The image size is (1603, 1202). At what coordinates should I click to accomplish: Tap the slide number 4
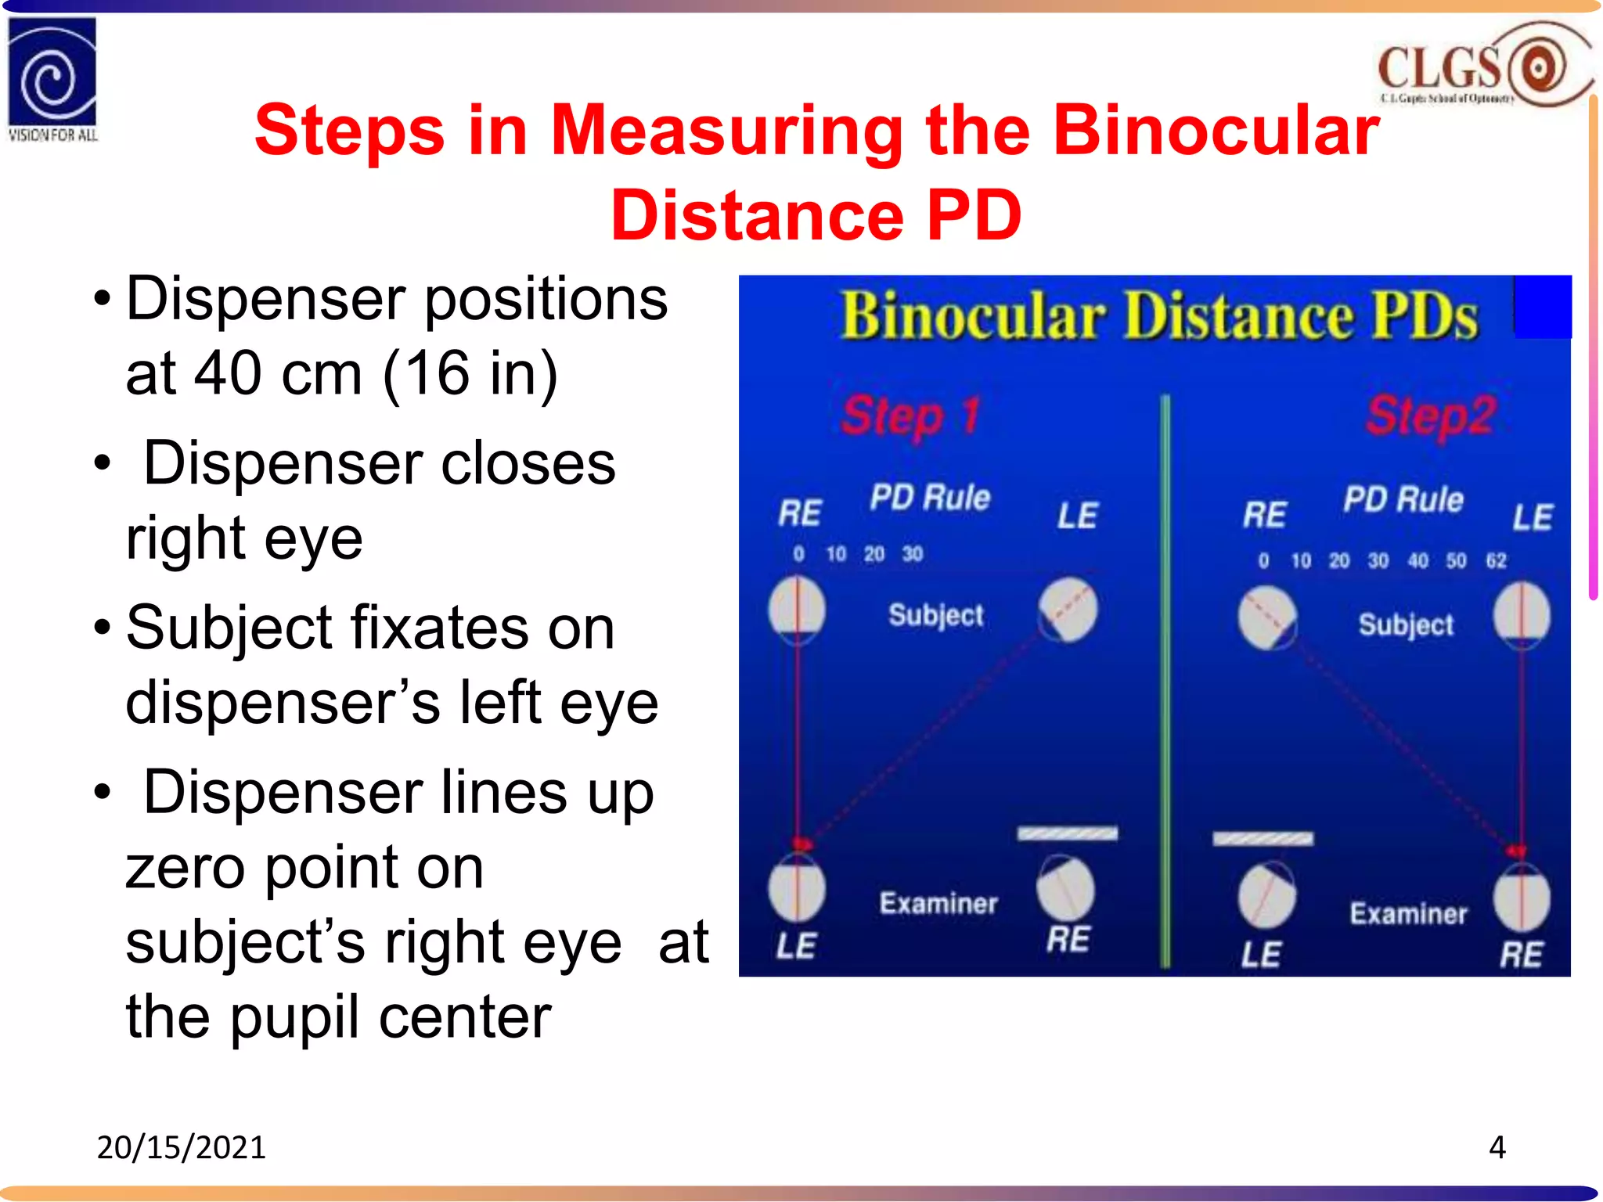(1497, 1147)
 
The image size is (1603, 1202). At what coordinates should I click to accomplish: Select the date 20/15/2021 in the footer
(181, 1147)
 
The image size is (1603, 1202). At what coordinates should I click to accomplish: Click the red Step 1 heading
(910, 415)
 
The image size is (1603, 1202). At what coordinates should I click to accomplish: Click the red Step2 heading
(1431, 415)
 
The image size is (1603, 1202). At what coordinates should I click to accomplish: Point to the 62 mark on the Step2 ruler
(1496, 560)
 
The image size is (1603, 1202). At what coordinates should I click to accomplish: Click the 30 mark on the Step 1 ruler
(913, 554)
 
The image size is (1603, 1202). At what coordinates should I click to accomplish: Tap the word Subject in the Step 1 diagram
(935, 615)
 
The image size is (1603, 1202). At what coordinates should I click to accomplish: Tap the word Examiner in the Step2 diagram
(1408, 913)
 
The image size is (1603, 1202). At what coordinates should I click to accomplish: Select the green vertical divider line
(1165, 681)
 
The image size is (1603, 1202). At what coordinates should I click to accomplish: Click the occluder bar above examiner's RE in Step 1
(1068, 833)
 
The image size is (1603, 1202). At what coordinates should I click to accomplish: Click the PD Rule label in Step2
(1403, 499)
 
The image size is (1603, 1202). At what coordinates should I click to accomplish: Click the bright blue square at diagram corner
(1543, 307)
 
